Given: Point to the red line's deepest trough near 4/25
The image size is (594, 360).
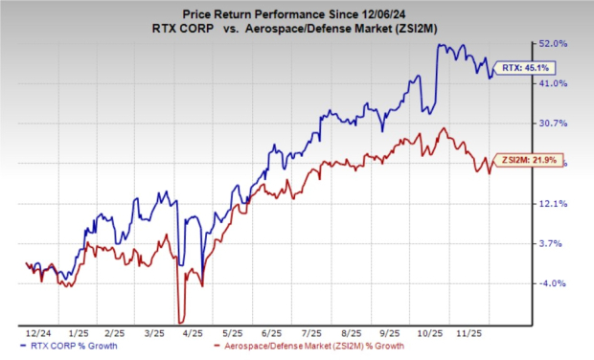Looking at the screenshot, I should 180,321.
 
